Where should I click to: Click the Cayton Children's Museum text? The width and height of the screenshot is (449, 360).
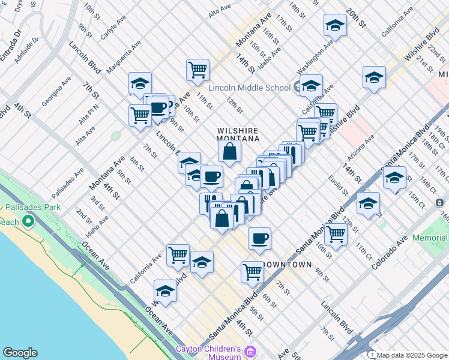208,353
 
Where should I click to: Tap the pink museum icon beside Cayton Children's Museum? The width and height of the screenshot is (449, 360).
252,352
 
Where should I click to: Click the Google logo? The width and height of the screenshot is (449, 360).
20,353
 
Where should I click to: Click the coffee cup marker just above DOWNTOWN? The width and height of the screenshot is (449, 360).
259,238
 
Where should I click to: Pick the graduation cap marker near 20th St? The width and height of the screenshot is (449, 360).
336,25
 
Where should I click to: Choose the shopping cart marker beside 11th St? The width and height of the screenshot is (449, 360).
197,70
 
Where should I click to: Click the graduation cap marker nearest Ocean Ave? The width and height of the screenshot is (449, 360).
165,291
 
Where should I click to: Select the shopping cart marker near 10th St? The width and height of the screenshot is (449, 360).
336,234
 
